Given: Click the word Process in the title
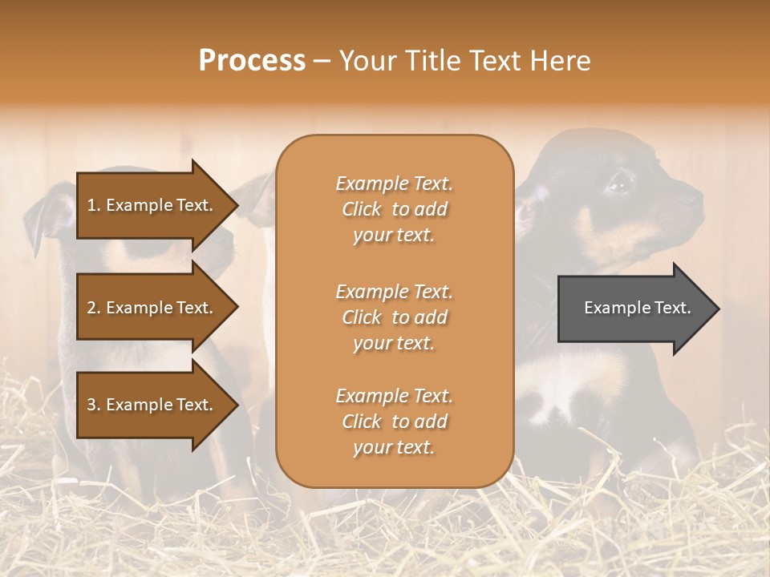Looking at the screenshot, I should pyautogui.click(x=252, y=60).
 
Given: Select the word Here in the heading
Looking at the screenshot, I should pyautogui.click(x=561, y=60).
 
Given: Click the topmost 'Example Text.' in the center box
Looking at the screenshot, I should pyautogui.click(x=394, y=184).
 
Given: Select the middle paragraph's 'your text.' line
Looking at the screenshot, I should pyautogui.click(x=394, y=343).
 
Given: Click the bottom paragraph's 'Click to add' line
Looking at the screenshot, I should pyautogui.click(x=394, y=422).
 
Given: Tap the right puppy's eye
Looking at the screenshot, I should pyautogui.click(x=619, y=185).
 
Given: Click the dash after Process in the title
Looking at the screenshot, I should pyautogui.click(x=322, y=61).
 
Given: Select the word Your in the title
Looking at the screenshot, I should pyautogui.click(x=365, y=60).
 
